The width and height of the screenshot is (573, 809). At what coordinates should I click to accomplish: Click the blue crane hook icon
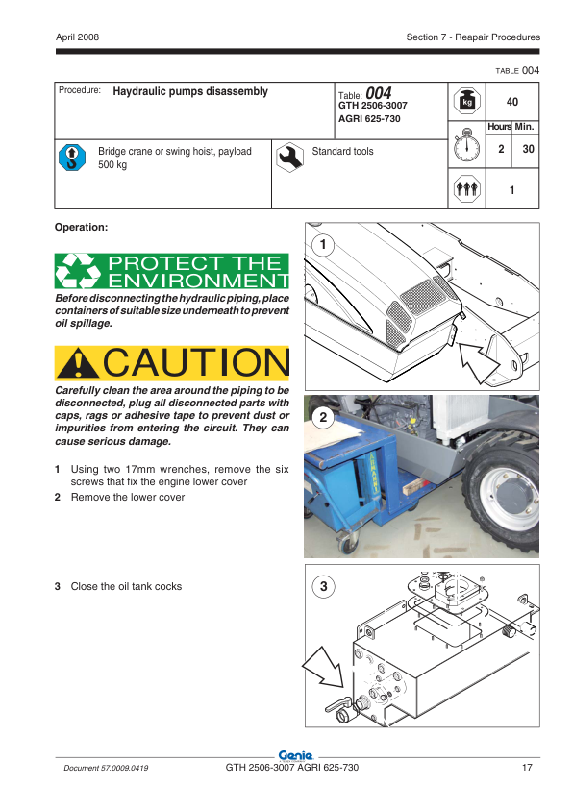[72, 157]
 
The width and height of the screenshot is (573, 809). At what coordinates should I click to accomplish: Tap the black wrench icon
[289, 157]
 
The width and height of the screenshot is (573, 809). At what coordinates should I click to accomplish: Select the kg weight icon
[467, 101]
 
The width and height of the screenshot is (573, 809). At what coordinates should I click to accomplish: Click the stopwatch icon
[466, 145]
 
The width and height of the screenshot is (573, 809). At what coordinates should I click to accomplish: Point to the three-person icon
[467, 189]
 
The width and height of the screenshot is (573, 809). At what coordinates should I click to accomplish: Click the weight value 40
[512, 102]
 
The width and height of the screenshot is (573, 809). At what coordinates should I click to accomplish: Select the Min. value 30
[528, 149]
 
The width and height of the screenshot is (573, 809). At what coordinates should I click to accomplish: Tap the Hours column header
[499, 127]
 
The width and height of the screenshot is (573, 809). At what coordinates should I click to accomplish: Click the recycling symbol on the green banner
[78, 271]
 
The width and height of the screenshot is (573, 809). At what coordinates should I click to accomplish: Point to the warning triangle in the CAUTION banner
[78, 363]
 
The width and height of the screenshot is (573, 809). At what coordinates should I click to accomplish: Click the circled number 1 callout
[323, 244]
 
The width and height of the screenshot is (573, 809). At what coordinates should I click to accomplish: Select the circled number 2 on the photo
[323, 417]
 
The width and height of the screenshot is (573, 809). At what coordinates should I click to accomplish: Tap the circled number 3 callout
[324, 586]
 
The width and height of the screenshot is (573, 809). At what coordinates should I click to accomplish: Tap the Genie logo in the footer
[295, 756]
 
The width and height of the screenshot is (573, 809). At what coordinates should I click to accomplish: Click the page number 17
[527, 768]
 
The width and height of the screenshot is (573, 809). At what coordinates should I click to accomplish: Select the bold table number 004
[379, 93]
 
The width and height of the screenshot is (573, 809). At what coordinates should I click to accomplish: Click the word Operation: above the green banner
[81, 227]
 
